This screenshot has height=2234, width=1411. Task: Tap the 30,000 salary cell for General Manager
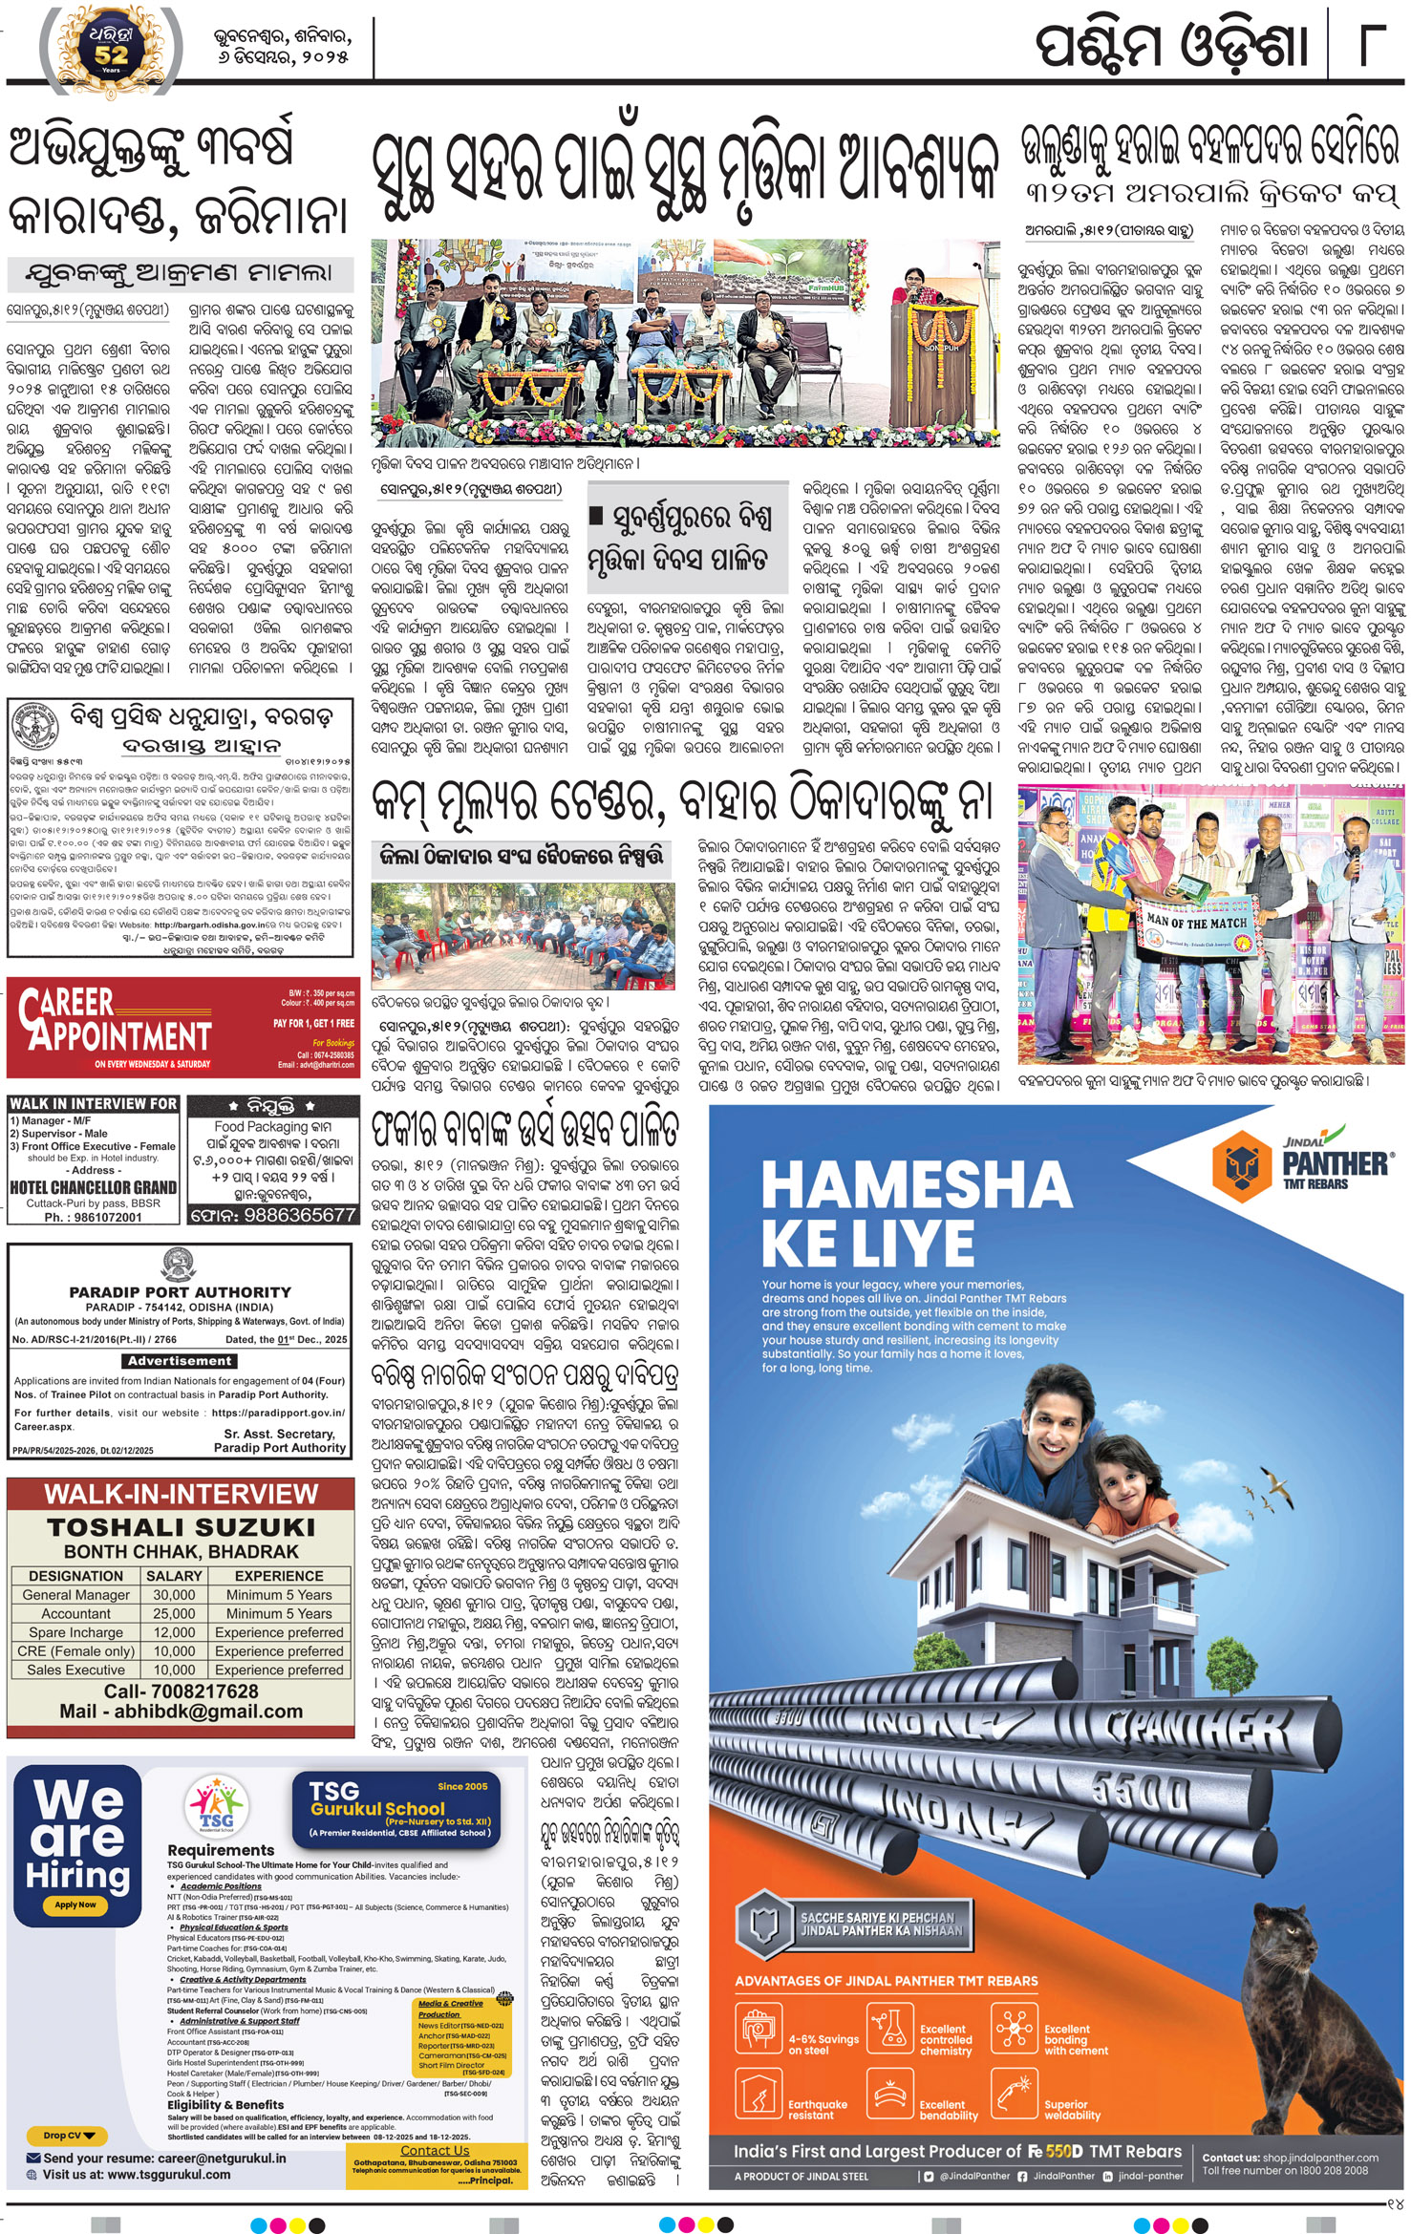[x=174, y=1594]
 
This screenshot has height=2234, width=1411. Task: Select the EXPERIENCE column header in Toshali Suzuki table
[x=279, y=1575]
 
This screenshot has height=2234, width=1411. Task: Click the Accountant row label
[x=75, y=1613]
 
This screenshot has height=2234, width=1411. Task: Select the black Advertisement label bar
[x=180, y=1360]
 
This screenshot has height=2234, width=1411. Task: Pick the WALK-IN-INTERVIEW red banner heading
[x=181, y=1495]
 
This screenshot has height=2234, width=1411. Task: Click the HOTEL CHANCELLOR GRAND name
[x=93, y=1187]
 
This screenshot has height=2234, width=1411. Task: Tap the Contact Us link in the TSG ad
[x=434, y=2150]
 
